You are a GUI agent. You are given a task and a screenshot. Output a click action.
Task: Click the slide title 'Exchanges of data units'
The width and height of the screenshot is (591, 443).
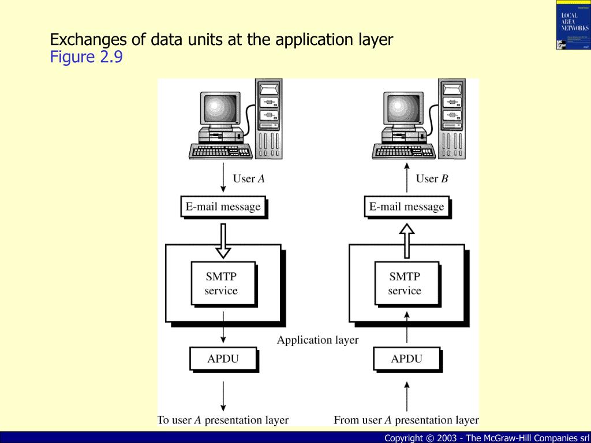tap(222, 40)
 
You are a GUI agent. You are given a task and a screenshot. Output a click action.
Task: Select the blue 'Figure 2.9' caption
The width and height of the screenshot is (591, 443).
tap(86, 58)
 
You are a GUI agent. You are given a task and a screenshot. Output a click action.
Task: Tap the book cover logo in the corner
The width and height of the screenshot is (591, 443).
tap(573, 25)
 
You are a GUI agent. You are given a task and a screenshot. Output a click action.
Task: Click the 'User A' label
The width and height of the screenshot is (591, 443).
tap(249, 179)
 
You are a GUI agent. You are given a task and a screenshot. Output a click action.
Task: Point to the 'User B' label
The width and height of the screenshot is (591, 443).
tap(432, 179)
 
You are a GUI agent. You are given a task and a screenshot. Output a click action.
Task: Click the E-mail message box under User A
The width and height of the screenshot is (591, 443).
tap(223, 207)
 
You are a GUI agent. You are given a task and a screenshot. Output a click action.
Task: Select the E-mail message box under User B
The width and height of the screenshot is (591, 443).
tap(406, 207)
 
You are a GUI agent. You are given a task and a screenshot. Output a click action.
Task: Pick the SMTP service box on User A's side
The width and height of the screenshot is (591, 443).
tap(221, 284)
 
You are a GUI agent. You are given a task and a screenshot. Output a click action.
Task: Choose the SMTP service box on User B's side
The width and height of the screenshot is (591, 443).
tap(405, 284)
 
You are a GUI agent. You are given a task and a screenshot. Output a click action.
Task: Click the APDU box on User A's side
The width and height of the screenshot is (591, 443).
tap(223, 359)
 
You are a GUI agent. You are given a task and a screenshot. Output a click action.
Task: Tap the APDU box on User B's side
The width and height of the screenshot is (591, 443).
tap(406, 359)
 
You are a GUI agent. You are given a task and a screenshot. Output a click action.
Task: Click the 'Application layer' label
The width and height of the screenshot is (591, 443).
tap(317, 340)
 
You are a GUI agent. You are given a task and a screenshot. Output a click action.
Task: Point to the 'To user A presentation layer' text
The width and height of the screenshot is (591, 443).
tap(223, 420)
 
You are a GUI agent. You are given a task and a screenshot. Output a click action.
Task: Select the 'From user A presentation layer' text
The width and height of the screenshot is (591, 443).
tap(406, 420)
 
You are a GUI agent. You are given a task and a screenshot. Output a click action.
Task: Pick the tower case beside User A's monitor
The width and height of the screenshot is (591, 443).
tap(269, 118)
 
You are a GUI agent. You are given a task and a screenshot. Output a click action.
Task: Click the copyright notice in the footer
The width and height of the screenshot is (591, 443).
tap(487, 438)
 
